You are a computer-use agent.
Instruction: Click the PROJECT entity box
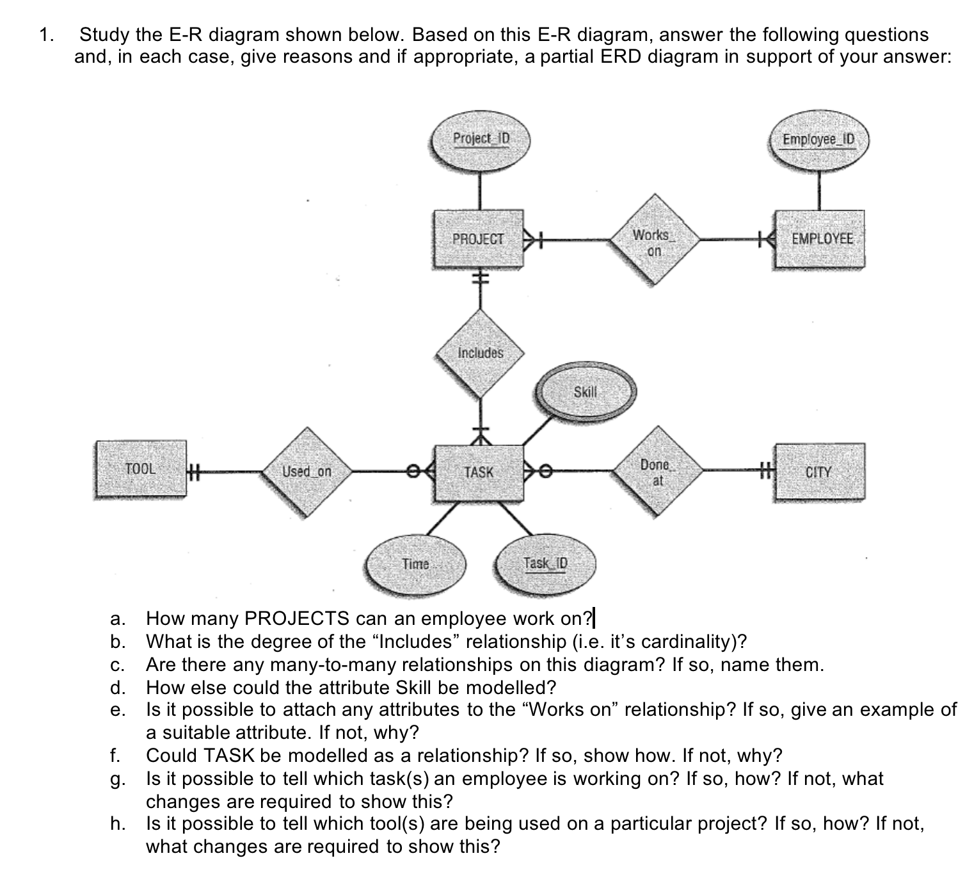point(478,239)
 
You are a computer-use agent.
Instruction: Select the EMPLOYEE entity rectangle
point(820,239)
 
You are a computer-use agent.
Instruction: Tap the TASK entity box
point(479,473)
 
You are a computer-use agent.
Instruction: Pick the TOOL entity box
point(141,469)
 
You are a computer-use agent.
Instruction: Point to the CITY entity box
point(819,473)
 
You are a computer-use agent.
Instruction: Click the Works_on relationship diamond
point(653,241)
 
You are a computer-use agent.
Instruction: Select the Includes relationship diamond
point(481,353)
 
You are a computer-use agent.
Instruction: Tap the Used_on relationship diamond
point(307,472)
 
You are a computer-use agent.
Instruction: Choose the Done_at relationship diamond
point(657,471)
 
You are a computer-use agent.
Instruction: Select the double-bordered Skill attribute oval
point(586,392)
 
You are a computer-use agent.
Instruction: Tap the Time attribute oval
point(415,564)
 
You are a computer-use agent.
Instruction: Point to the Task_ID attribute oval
point(546,564)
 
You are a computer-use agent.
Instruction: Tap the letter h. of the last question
point(117,823)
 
